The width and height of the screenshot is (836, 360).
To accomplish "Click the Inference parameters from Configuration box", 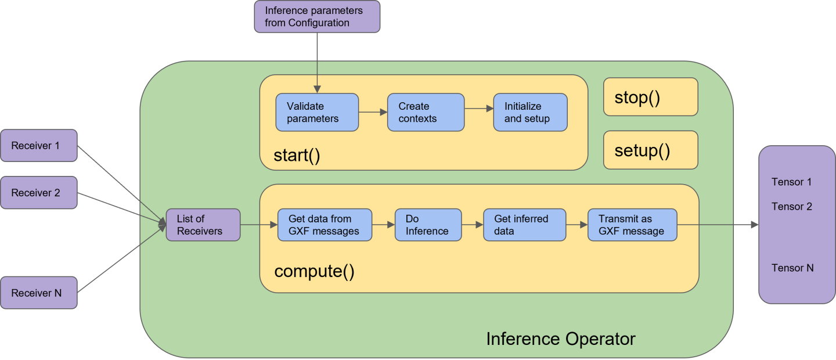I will pos(317,17).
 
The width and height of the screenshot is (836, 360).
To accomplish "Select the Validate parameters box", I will pos(316,112).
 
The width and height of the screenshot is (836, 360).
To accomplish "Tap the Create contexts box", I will pos(426,112).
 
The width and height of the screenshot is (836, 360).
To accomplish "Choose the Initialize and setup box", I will pos(530,112).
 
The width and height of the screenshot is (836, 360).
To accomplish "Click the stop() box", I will pos(650,97).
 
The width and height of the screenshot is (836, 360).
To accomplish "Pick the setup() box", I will pos(650,150).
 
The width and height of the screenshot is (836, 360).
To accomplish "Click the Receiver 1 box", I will pos(39,146).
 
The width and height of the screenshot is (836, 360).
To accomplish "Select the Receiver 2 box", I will pos(39,193).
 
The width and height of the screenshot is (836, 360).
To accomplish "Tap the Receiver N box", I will pos(39,293).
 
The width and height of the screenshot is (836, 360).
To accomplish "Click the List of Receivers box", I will pos(203,225).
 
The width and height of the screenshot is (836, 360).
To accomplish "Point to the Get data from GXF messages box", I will pos(324,225).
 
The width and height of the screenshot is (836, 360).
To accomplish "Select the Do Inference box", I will pos(428,225).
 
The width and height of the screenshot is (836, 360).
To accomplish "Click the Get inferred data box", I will pos(524,225).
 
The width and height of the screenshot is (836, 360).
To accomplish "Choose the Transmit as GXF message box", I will pos(632,225).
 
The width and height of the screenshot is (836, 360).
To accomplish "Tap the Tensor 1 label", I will pos(791,182).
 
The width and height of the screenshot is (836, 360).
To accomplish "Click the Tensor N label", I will pos(792,268).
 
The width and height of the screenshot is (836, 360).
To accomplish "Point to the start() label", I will pos(297,156).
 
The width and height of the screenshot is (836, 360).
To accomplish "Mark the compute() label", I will pos(314,271).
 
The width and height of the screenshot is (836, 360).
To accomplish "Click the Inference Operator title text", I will pos(560,339).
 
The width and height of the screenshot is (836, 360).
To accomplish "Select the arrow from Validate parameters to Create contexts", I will pos(373,112).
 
